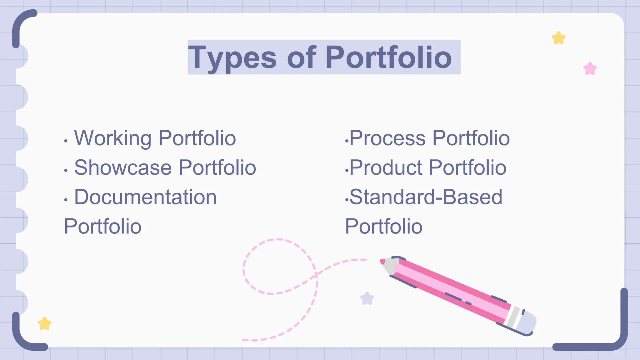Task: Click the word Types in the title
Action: pos(232,58)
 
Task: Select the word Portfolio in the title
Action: pos(388,57)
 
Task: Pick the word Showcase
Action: pos(123,167)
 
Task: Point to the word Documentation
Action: pos(145,197)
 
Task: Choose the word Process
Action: pos(387,138)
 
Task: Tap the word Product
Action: pos(386,167)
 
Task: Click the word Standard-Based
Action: pos(426,197)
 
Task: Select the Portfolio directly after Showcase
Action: pos(217,167)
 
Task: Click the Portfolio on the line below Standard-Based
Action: pos(384,227)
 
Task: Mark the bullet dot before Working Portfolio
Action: pos(66,141)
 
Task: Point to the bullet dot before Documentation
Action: pos(66,200)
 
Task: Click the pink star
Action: pos(590,68)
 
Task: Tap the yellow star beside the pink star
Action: pos(559,38)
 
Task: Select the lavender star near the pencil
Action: pos(367,298)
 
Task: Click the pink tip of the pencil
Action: pos(382,261)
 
